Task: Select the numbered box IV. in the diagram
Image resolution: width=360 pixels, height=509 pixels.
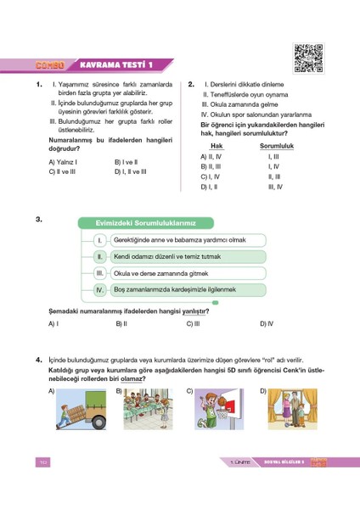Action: pos(99,290)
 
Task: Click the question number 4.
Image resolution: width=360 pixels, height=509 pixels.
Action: pos(40,360)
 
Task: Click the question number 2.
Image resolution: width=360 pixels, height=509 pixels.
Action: pos(192,84)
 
